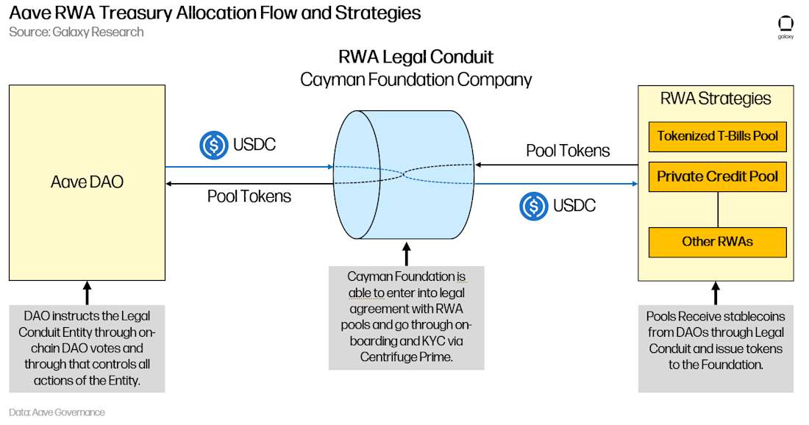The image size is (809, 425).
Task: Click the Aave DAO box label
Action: pyautogui.click(x=88, y=182)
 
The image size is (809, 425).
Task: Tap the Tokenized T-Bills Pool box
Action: pyautogui.click(x=717, y=137)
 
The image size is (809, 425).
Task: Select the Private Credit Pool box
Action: pyautogui.click(x=717, y=177)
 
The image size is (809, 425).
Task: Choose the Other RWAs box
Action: pyautogui.click(x=717, y=242)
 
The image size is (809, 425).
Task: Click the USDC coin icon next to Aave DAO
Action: pyautogui.click(x=213, y=145)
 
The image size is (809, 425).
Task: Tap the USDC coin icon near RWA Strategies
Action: pyautogui.click(x=533, y=207)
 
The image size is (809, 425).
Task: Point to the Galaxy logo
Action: pyautogui.click(x=785, y=27)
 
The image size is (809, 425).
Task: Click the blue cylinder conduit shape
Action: pyautogui.click(x=404, y=174)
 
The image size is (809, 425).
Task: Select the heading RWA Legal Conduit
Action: pyautogui.click(x=416, y=57)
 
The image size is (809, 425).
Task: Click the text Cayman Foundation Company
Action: pyautogui.click(x=416, y=80)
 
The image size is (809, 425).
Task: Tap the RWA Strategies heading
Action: pyautogui.click(x=716, y=99)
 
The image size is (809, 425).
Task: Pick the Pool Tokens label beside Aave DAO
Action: pyautogui.click(x=249, y=196)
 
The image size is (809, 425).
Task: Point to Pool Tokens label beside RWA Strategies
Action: pyautogui.click(x=568, y=151)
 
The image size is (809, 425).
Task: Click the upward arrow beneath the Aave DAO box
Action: pyautogui.click(x=88, y=293)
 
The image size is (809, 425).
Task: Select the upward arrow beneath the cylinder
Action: pyautogui.click(x=407, y=254)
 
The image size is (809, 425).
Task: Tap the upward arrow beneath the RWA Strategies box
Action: pyautogui.click(x=715, y=293)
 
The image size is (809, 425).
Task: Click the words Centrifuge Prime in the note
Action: pyautogui.click(x=406, y=357)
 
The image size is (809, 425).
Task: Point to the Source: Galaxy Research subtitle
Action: pyautogui.click(x=76, y=32)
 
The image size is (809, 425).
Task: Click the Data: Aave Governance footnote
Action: pyautogui.click(x=57, y=412)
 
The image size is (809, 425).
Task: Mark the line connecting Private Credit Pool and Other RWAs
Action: pyautogui.click(x=718, y=210)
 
